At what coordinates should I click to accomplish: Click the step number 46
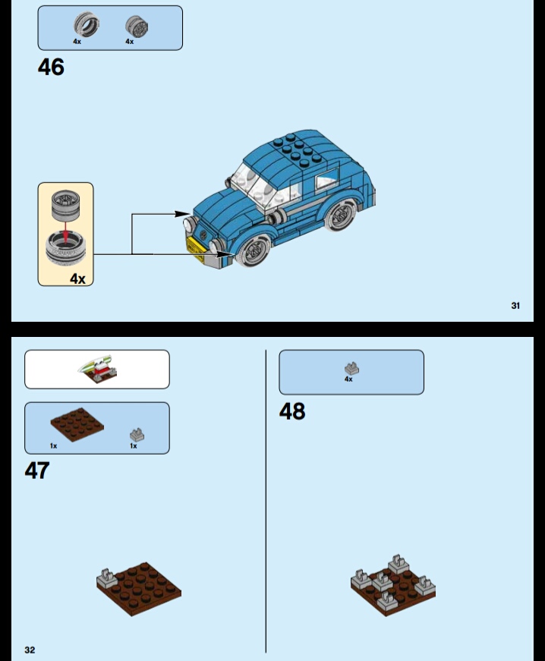pyautogui.click(x=51, y=67)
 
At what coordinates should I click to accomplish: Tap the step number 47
pyautogui.click(x=37, y=471)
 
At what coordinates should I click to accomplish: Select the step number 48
pyautogui.click(x=292, y=411)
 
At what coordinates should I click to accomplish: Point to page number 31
pyautogui.click(x=515, y=306)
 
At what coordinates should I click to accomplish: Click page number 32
pyautogui.click(x=30, y=650)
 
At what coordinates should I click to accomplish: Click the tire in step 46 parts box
pyautogui.click(x=87, y=24)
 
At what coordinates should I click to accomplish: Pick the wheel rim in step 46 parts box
pyautogui.click(x=137, y=26)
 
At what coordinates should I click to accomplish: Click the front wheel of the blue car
pyautogui.click(x=253, y=250)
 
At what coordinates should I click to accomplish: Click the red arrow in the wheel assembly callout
pyautogui.click(x=66, y=232)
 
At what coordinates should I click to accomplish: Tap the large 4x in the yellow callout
pyautogui.click(x=77, y=279)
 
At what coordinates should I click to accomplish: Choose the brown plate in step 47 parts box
pyautogui.click(x=77, y=424)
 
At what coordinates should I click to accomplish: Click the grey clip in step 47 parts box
pyautogui.click(x=137, y=435)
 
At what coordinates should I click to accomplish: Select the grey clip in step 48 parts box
pyautogui.click(x=351, y=368)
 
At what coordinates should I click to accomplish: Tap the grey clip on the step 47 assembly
pyautogui.click(x=107, y=578)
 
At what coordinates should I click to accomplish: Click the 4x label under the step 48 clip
pyautogui.click(x=348, y=379)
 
